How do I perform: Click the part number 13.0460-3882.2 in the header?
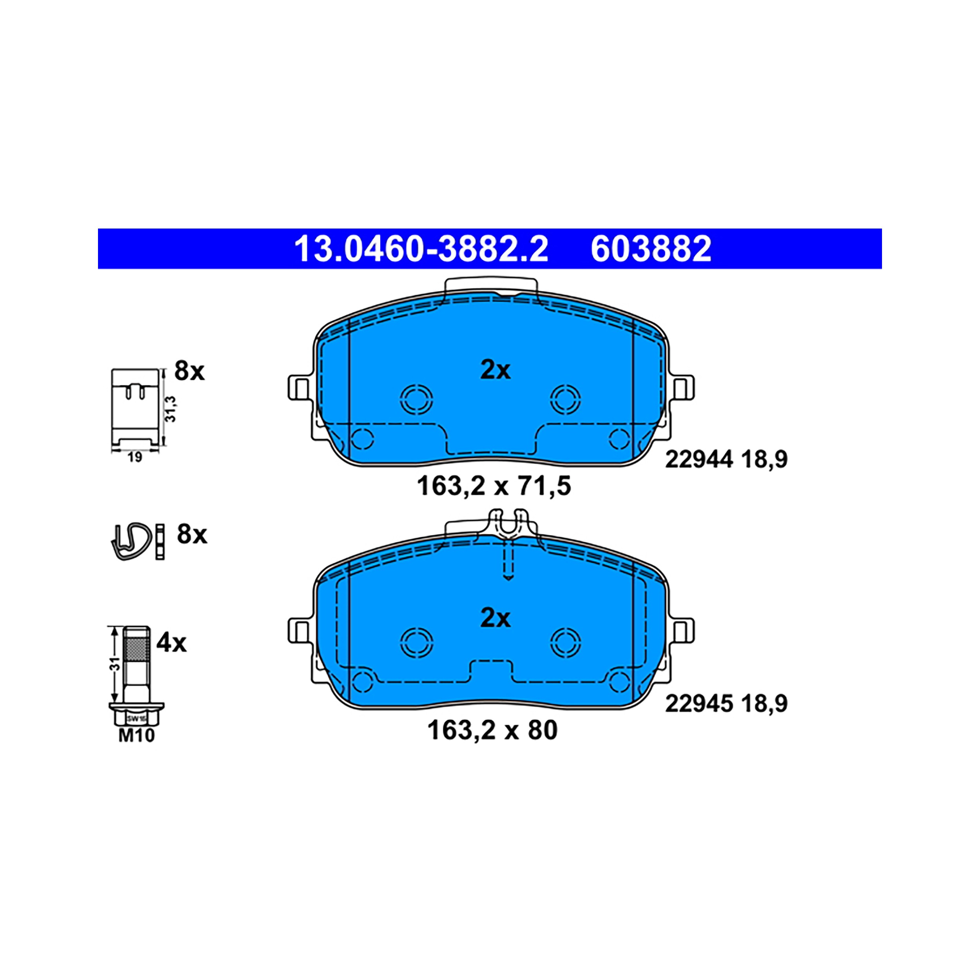point(421,249)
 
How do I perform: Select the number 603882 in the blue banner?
point(651,249)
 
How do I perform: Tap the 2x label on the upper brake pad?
point(495,370)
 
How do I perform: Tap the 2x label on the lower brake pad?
point(495,618)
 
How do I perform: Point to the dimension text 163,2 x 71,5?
point(494,486)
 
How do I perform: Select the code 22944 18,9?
point(726,459)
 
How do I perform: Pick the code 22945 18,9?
point(726,704)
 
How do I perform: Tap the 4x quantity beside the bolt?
point(171,643)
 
